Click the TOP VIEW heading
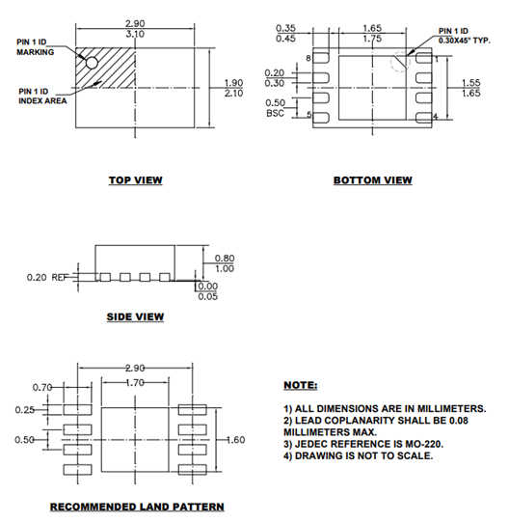tap(135, 179)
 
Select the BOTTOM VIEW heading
tap(372, 180)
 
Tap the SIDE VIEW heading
tap(135, 316)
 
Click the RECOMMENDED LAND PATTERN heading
tap(137, 507)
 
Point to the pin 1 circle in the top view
tap(93, 64)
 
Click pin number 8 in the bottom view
tap(308, 59)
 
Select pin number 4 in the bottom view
tap(437, 117)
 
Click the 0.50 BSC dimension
tap(275, 107)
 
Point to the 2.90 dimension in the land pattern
tap(142, 369)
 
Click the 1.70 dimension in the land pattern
tap(141, 382)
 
